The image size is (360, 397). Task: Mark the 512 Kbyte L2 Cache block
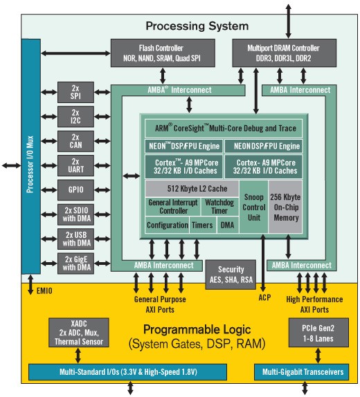190,188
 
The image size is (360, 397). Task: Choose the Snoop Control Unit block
253,206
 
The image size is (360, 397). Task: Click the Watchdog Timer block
220,206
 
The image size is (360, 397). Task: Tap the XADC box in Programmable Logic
77,332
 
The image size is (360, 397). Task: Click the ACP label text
264,299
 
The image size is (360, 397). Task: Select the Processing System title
197,27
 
